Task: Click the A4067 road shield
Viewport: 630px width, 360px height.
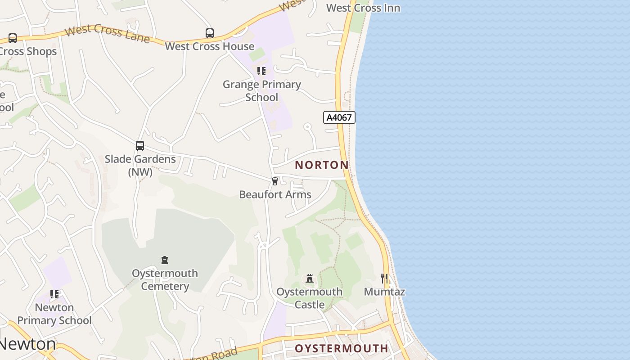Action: pyautogui.click(x=339, y=117)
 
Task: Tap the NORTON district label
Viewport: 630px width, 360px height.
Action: pyautogui.click(x=322, y=165)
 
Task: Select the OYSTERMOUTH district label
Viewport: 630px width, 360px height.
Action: pyautogui.click(x=342, y=348)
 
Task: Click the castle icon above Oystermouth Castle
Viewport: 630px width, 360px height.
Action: pyautogui.click(x=310, y=279)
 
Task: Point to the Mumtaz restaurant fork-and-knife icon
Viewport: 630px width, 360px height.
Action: pyautogui.click(x=384, y=279)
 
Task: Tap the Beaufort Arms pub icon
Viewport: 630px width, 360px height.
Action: pyautogui.click(x=275, y=181)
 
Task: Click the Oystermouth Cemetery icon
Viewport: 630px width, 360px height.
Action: pyautogui.click(x=165, y=260)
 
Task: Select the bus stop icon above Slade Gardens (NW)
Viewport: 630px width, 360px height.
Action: pyautogui.click(x=140, y=146)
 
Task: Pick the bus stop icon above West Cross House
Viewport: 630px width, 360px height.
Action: pyautogui.click(x=210, y=33)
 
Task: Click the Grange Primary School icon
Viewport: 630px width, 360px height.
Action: pyautogui.click(x=261, y=71)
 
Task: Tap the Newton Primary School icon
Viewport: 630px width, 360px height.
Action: pyautogui.click(x=54, y=294)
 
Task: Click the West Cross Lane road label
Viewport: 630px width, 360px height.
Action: pyautogui.click(x=107, y=34)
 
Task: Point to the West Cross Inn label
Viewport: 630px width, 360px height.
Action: pyautogui.click(x=363, y=8)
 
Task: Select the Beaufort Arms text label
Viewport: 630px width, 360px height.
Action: pyautogui.click(x=275, y=194)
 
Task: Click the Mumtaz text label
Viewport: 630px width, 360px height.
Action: pyautogui.click(x=384, y=292)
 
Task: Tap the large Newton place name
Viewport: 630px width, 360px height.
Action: pyautogui.click(x=28, y=344)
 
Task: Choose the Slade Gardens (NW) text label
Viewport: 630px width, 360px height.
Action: pyautogui.click(x=140, y=165)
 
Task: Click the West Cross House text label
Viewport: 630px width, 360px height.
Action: pyautogui.click(x=210, y=46)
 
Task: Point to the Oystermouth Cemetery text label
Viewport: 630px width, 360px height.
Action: pyautogui.click(x=165, y=279)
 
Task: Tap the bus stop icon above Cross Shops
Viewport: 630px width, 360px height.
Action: pyautogui.click(x=13, y=38)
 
